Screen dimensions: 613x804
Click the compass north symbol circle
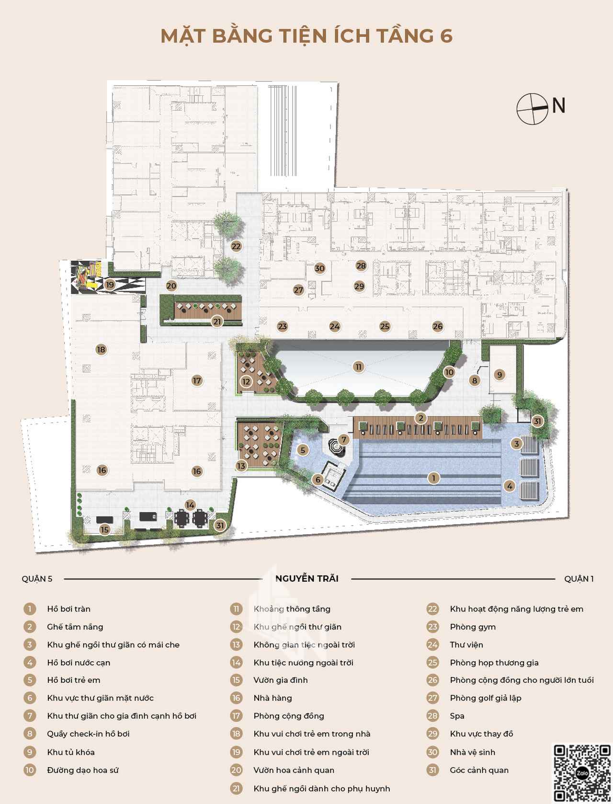point(532,109)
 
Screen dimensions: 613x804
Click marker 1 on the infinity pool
point(434,478)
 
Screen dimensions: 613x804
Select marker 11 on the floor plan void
point(358,367)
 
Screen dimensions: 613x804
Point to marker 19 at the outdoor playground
point(110,285)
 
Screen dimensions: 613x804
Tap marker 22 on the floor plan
point(236,246)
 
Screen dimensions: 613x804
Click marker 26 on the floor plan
point(438,326)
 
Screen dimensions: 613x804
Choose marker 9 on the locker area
point(499,374)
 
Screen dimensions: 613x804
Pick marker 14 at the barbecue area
point(190,505)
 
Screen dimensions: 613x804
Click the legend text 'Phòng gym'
point(473,627)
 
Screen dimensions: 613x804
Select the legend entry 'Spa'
point(457,716)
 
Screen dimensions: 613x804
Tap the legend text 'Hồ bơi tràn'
point(68,609)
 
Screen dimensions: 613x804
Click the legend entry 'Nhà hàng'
point(272,698)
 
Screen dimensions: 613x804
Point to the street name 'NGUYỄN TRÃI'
point(306,579)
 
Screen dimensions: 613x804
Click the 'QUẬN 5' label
point(37,579)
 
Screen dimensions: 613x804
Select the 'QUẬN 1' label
point(579,579)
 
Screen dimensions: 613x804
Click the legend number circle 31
point(432,770)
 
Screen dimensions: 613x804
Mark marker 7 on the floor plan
point(344,439)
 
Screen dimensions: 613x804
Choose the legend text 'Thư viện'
point(466,644)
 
